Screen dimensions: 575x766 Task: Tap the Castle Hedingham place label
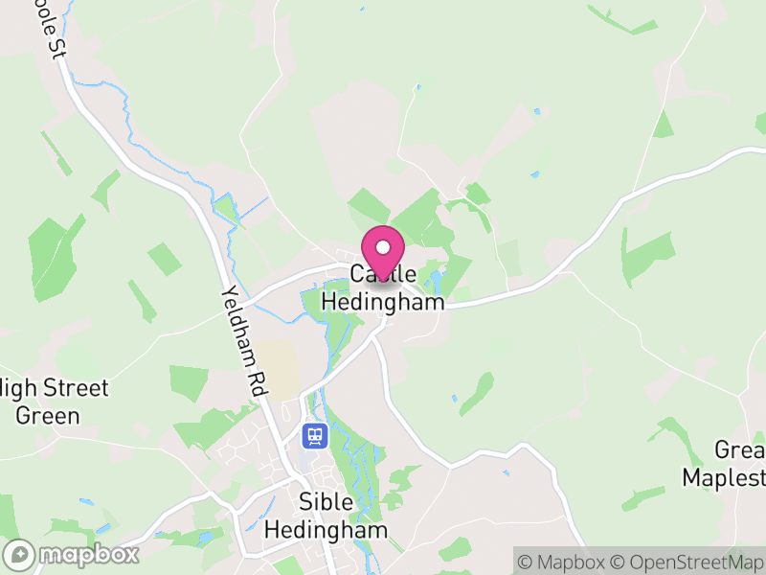[383, 287]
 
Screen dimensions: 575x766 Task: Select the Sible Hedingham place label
[327, 516]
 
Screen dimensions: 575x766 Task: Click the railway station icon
[313, 437]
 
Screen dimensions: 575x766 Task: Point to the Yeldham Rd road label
[245, 340]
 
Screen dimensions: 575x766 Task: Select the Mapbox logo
[72, 554]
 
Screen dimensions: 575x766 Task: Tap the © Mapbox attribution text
[565, 561]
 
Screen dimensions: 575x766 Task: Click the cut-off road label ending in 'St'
[48, 29]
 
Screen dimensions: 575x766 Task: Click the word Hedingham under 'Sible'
[327, 530]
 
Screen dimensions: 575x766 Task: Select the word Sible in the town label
[327, 502]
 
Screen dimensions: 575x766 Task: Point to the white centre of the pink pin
[383, 247]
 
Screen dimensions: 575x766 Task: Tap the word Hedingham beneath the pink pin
[383, 301]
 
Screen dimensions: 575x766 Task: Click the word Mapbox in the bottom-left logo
[87, 554]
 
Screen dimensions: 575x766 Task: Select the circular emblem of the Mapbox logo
[19, 554]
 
